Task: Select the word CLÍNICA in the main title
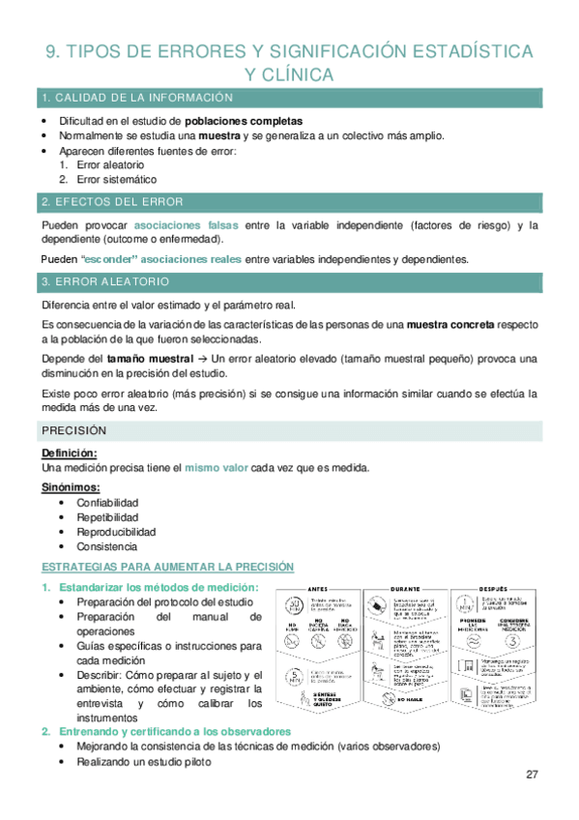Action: tap(301, 74)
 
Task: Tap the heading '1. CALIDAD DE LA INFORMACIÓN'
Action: tap(137, 100)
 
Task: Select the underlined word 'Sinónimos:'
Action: tap(72, 487)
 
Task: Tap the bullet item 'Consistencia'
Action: tap(106, 546)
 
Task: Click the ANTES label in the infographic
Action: tap(317, 588)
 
